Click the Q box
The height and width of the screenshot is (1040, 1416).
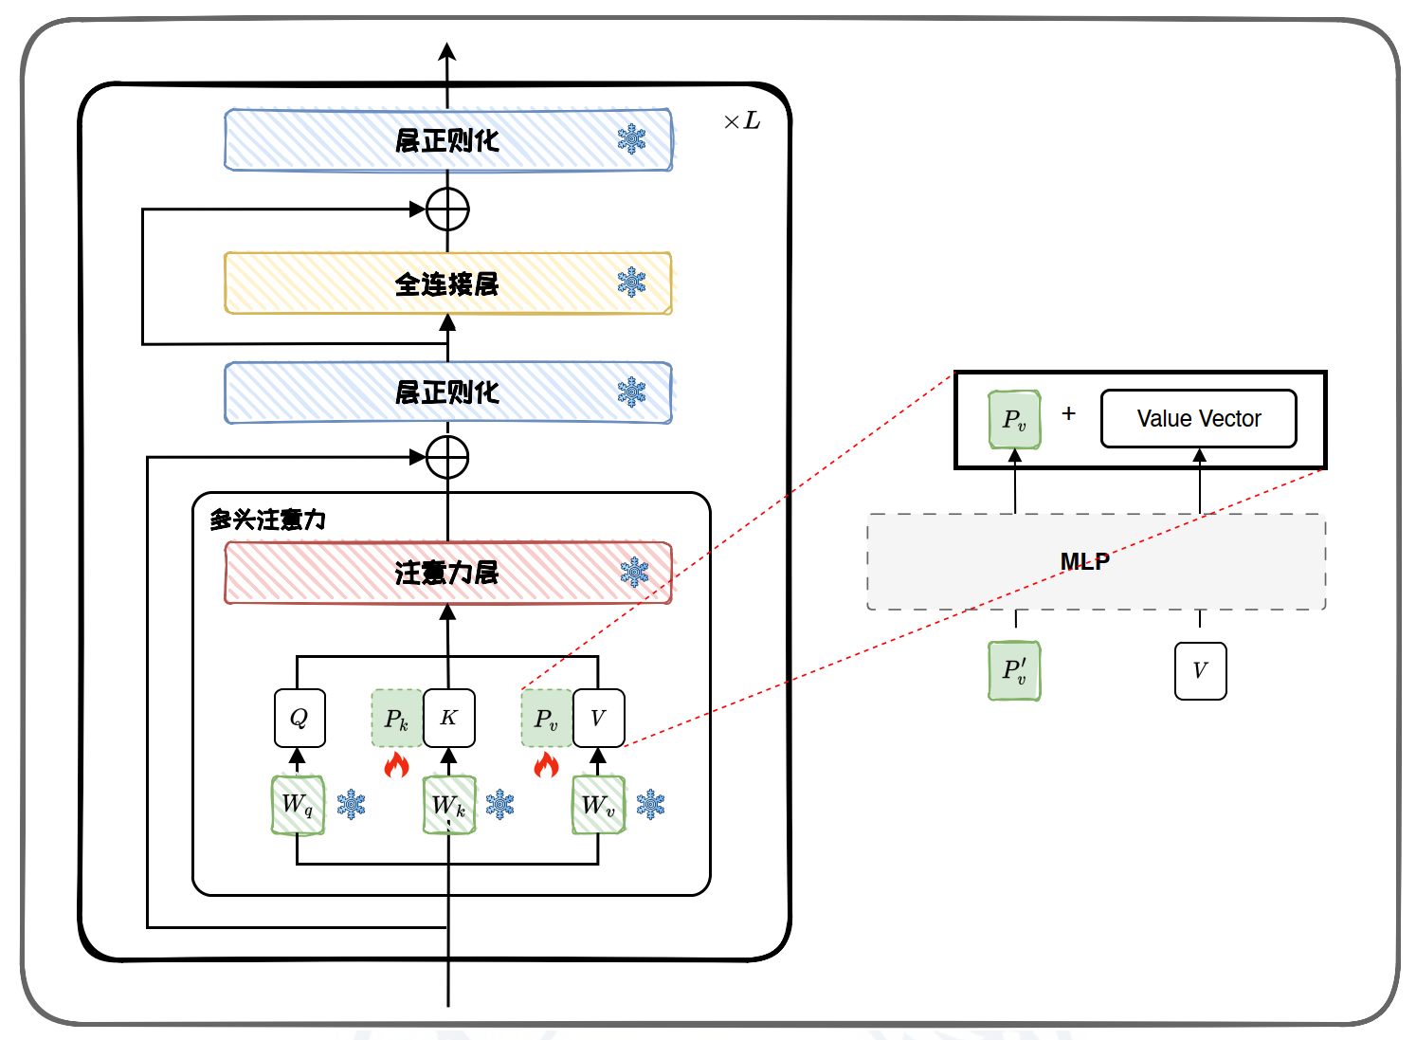point(300,718)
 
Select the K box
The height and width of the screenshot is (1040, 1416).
point(448,718)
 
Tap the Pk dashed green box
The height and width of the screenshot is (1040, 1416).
point(396,719)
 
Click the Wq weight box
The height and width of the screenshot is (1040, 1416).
point(298,805)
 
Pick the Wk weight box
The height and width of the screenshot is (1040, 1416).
point(448,805)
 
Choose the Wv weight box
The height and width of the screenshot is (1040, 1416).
point(598,805)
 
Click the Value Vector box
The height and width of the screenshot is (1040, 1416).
point(1198,418)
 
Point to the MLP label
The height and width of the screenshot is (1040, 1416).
point(1084,561)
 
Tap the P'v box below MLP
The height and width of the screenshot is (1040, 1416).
point(1014,670)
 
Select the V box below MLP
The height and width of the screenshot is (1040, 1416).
point(1200,670)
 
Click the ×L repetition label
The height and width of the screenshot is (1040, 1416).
point(742,120)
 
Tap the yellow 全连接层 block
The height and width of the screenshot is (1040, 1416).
point(447,283)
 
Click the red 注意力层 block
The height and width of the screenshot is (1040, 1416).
point(447,573)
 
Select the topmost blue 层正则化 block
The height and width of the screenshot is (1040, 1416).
point(447,140)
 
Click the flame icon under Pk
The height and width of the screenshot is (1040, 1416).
point(396,764)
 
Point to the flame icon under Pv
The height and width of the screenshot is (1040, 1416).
point(546,764)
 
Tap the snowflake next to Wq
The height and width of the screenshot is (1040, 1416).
point(351,804)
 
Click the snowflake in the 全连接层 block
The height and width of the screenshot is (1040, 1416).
point(631,282)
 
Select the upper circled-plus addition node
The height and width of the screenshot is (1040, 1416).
point(447,210)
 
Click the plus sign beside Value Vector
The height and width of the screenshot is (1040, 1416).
point(1069,413)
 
